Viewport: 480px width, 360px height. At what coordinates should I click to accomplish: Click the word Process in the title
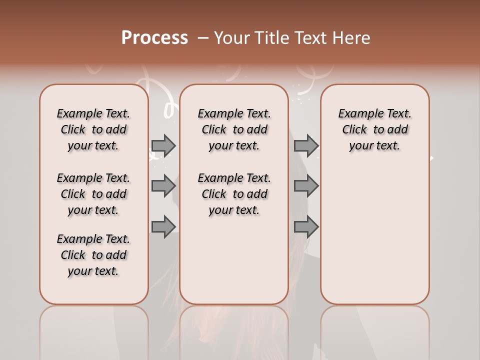(x=154, y=38)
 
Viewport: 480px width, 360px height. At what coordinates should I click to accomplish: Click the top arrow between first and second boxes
(x=163, y=145)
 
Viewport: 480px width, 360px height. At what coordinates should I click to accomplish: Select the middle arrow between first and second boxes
(x=163, y=186)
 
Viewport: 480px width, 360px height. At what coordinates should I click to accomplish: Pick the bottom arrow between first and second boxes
(x=163, y=226)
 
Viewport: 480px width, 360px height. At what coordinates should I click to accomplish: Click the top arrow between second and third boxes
(x=306, y=145)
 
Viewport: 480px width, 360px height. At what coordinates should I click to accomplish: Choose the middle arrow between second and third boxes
(x=306, y=186)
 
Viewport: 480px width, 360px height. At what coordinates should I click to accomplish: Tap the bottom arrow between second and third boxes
(x=306, y=226)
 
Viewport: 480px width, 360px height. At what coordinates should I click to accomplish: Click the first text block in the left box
(x=93, y=129)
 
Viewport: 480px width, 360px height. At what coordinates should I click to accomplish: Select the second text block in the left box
(x=93, y=194)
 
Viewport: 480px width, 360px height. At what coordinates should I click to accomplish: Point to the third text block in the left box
(x=93, y=255)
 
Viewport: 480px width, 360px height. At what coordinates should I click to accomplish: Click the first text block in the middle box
(x=234, y=129)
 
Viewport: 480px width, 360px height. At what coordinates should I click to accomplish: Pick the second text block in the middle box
(x=234, y=194)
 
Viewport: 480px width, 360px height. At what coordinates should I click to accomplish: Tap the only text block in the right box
(x=374, y=129)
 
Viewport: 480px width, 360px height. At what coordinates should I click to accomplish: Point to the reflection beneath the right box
(x=374, y=330)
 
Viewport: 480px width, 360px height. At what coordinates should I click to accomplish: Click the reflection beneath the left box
(x=93, y=330)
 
